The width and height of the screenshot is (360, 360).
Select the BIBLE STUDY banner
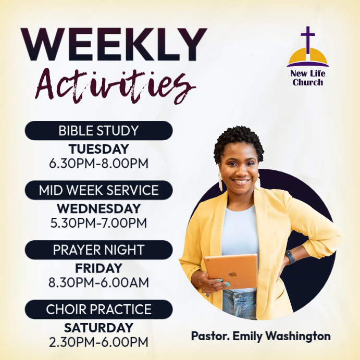point(98,131)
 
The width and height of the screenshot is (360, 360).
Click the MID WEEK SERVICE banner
point(98,190)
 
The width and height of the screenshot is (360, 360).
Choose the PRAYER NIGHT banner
point(98,250)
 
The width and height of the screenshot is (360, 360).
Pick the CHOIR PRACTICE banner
point(98,309)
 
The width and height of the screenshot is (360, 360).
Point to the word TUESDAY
point(98,149)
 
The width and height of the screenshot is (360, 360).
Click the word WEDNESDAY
point(98,208)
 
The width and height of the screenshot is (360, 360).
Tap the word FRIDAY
point(98,268)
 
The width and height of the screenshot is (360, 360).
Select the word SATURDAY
point(98,328)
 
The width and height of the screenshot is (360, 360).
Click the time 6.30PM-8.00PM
point(98,163)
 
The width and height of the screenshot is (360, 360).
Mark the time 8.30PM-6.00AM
point(98,282)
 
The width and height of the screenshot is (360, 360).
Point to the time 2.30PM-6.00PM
point(98,342)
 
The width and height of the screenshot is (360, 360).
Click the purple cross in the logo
point(308,39)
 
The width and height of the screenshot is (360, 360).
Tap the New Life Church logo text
point(307,78)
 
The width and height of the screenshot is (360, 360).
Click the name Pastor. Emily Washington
point(260,336)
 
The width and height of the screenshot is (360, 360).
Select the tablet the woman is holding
point(231,271)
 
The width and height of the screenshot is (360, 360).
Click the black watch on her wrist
point(290,256)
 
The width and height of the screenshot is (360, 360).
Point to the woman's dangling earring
point(220,181)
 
